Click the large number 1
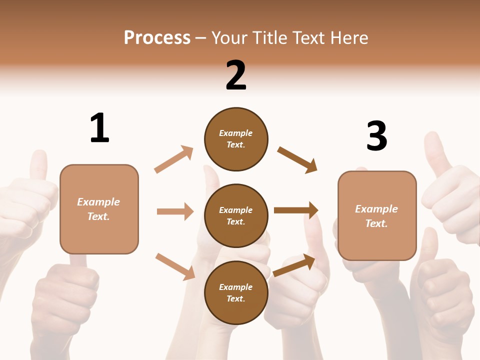click(x=99, y=128)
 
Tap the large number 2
click(x=236, y=75)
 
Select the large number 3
click(x=376, y=136)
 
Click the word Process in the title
click(x=157, y=37)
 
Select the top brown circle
click(x=236, y=139)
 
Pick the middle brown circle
click(x=236, y=215)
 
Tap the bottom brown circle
click(x=236, y=292)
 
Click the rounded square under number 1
click(x=99, y=209)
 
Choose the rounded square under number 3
click(x=377, y=215)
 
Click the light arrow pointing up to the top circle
click(x=174, y=159)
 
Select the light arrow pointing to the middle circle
click(x=175, y=211)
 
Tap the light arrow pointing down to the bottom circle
click(x=175, y=266)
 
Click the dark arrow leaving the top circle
click(x=297, y=159)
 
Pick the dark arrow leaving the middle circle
click(x=296, y=210)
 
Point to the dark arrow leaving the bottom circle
click(x=294, y=265)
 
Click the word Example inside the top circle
click(x=236, y=133)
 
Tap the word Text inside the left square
click(x=98, y=216)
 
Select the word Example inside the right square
click(x=376, y=209)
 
